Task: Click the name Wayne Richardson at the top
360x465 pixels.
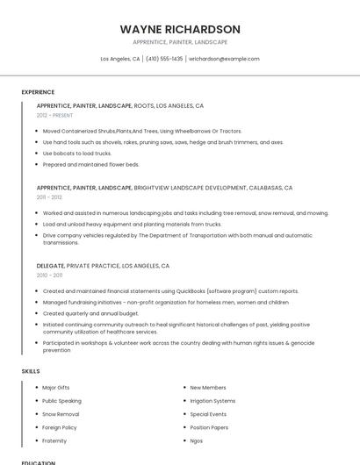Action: tap(180, 29)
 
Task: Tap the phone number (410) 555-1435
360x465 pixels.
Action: tap(164, 59)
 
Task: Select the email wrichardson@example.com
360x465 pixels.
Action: tap(225, 59)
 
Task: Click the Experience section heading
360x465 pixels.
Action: tap(38, 92)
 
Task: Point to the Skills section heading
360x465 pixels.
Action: tap(31, 371)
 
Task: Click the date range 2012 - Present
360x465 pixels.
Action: tap(54, 115)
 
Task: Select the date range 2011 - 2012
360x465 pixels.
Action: tap(49, 197)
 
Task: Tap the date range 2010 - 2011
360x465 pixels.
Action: tap(49, 275)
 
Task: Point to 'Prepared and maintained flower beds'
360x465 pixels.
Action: tap(90, 164)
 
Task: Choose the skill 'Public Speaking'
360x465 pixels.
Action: tap(61, 400)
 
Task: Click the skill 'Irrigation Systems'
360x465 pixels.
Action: tap(212, 400)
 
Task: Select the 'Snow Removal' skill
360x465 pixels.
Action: tap(61, 413)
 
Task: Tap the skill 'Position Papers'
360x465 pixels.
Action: tap(210, 427)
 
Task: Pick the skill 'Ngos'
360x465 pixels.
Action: tap(197, 440)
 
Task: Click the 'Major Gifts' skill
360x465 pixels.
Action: tap(55, 387)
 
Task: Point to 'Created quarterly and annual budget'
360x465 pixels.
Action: tap(90, 313)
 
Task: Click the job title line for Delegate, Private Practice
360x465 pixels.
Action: tap(103, 265)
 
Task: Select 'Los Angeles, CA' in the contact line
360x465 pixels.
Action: tap(120, 59)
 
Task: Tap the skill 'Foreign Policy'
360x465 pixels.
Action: tap(60, 427)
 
